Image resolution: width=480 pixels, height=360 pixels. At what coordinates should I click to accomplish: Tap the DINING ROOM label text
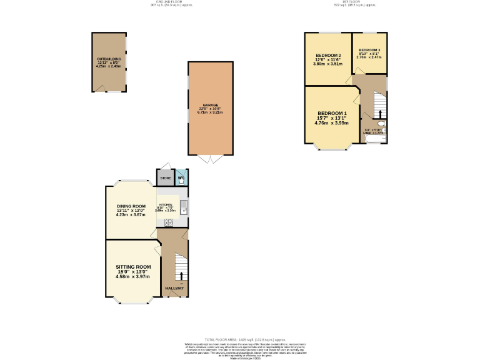tap(131, 206)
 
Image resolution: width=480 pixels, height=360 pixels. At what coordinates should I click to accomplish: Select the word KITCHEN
tap(166, 205)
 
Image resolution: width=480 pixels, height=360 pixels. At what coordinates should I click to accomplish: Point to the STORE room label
tap(166, 178)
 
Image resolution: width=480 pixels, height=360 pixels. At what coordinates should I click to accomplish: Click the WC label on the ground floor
tap(181, 179)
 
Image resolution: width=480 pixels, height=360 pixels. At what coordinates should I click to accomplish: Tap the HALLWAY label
tap(174, 288)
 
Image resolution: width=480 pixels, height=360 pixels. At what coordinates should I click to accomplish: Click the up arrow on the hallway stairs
tap(182, 275)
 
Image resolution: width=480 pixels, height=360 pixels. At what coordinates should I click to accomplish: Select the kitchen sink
tap(184, 206)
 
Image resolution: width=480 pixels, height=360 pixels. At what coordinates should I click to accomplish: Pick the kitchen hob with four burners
tap(169, 222)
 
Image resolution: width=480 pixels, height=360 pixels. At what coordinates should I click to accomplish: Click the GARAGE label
tap(210, 105)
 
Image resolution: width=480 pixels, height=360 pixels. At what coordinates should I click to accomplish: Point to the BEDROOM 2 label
tap(327, 55)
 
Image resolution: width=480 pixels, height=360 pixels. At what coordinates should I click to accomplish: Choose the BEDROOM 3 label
tap(369, 49)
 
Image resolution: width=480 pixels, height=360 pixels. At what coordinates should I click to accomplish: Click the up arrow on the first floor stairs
tap(381, 113)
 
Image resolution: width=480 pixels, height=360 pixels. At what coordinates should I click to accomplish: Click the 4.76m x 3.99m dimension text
tap(331, 123)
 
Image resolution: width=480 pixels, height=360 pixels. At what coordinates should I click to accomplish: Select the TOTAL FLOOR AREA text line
tap(240, 338)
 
